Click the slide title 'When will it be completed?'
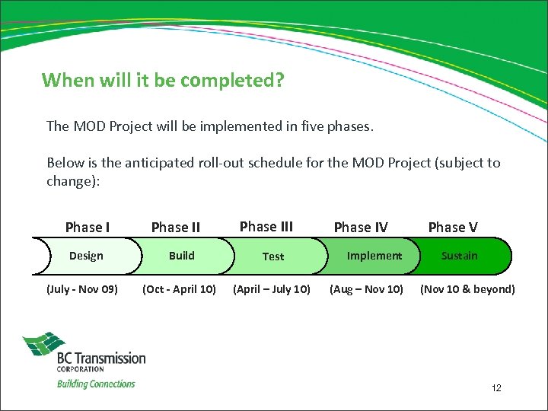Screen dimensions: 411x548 click(x=163, y=80)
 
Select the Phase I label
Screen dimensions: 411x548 click(x=88, y=227)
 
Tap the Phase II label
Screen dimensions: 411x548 click(x=176, y=227)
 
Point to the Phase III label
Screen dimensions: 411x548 click(x=266, y=226)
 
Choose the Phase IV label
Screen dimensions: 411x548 click(x=361, y=227)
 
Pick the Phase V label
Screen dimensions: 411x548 click(x=453, y=227)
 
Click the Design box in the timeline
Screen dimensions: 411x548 click(x=86, y=256)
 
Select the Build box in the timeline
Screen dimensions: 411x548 click(x=182, y=256)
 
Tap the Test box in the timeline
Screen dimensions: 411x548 click(x=273, y=256)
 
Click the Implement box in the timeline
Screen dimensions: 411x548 click(x=374, y=256)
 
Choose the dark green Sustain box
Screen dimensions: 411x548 click(x=460, y=256)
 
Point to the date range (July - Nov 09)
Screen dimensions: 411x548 click(x=82, y=289)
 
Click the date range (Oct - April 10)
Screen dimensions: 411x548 click(x=180, y=289)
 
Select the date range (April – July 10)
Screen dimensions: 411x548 click(x=272, y=289)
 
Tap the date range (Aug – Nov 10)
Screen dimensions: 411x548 click(x=366, y=289)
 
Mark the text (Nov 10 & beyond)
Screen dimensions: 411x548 click(x=467, y=289)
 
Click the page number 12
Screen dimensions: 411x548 click(x=496, y=388)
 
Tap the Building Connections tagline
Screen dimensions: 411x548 click(x=96, y=384)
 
